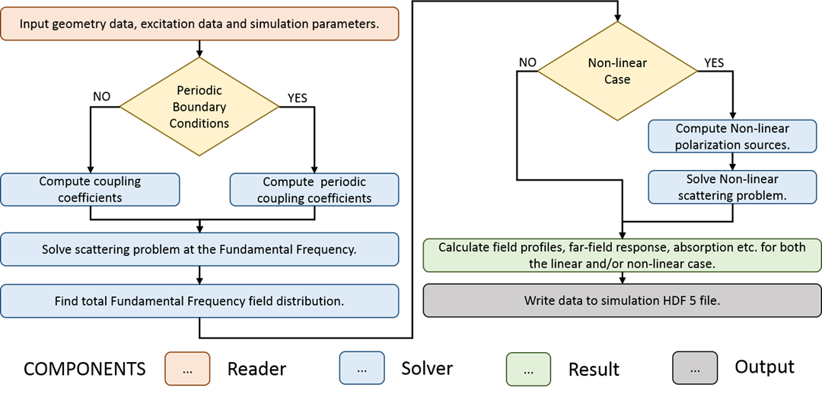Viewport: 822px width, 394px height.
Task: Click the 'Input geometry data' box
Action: pyautogui.click(x=199, y=23)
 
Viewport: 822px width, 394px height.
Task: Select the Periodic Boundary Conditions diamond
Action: pyautogui.click(x=199, y=107)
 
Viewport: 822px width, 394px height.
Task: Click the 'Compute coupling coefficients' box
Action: pyautogui.click(x=90, y=189)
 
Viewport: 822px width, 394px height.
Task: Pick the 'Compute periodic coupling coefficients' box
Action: pyautogui.click(x=314, y=189)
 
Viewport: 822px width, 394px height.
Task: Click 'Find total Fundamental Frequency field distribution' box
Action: pyautogui.click(x=199, y=301)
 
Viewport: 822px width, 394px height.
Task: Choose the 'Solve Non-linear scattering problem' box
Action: pyautogui.click(x=732, y=187)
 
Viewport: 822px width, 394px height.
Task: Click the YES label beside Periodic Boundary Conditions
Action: pyautogui.click(x=297, y=98)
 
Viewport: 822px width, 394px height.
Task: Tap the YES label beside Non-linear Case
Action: pyautogui.click(x=713, y=62)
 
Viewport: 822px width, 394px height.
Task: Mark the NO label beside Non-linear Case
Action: pyautogui.click(x=528, y=62)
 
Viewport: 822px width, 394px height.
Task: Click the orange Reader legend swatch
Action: pyautogui.click(x=187, y=369)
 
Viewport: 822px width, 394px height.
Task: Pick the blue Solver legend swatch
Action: pyautogui.click(x=362, y=369)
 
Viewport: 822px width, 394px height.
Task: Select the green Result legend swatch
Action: pyautogui.click(x=528, y=369)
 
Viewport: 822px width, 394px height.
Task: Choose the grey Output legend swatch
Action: pyautogui.click(x=695, y=368)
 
